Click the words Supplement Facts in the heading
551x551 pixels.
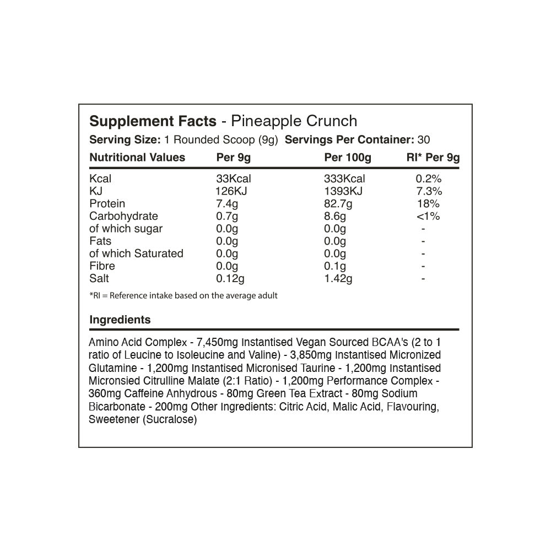(x=153, y=121)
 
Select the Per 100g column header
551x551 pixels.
(x=348, y=158)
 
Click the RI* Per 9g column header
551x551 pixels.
(x=433, y=158)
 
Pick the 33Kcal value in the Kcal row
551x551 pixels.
(x=234, y=179)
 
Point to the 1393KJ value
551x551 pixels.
(x=344, y=191)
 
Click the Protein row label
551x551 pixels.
(x=107, y=204)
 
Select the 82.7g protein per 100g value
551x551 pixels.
(x=338, y=204)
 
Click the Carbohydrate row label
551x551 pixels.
(x=123, y=216)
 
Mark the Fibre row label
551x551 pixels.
(x=102, y=266)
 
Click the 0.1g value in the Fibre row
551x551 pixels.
(x=335, y=266)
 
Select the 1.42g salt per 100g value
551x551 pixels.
(x=338, y=279)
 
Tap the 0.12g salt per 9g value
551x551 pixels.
(x=230, y=279)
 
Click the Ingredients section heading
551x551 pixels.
(x=120, y=320)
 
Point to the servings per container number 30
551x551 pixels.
(x=424, y=139)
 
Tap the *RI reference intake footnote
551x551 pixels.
(x=183, y=296)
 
